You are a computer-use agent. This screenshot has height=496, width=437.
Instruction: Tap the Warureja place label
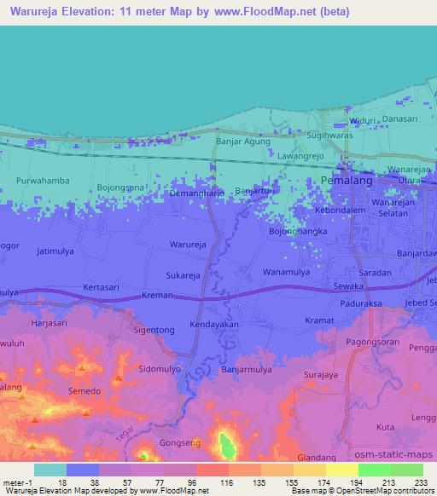(x=188, y=244)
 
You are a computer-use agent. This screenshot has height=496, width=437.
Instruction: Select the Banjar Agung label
(x=243, y=141)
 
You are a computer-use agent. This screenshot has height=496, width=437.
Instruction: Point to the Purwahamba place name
(x=43, y=180)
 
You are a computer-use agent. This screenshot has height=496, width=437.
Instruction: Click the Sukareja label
(x=184, y=275)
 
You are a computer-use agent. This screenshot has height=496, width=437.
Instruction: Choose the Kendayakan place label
(x=214, y=325)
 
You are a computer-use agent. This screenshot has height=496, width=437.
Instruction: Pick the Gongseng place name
(x=180, y=444)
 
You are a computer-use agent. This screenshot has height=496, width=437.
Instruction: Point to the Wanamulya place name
(x=286, y=272)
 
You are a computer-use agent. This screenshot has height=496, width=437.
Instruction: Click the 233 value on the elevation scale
(x=421, y=482)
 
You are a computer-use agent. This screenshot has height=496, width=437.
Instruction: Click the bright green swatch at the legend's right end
(x=407, y=470)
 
